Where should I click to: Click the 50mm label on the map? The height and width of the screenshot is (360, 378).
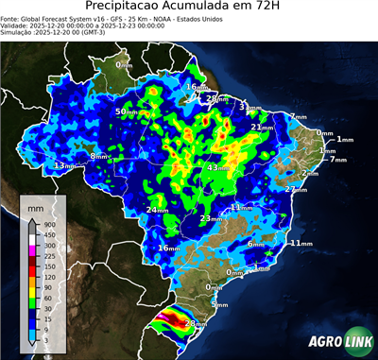124,111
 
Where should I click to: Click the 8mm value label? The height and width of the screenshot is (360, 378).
99,156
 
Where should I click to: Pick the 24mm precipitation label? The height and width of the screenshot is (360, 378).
156,209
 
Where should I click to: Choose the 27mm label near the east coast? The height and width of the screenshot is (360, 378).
296,189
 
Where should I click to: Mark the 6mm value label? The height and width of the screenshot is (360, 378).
256,244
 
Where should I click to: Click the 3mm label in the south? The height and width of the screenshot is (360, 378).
220,304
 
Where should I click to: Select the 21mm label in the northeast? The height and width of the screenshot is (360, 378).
260,127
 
